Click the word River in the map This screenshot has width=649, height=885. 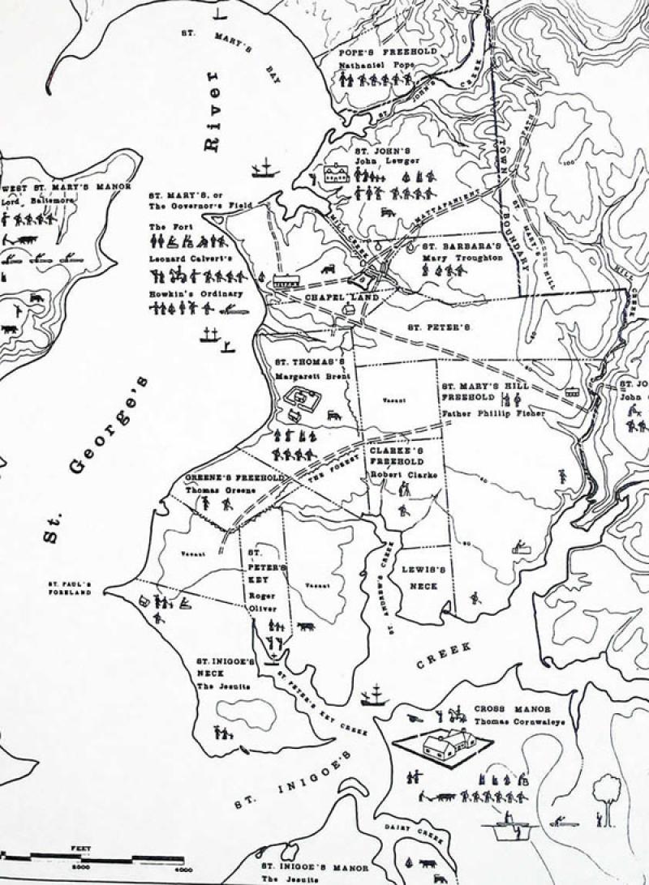(x=212, y=110)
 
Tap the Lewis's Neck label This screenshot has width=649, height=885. (x=419, y=577)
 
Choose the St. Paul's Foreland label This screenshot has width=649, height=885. (x=70, y=588)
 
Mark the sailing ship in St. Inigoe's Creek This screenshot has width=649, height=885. (x=373, y=695)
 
